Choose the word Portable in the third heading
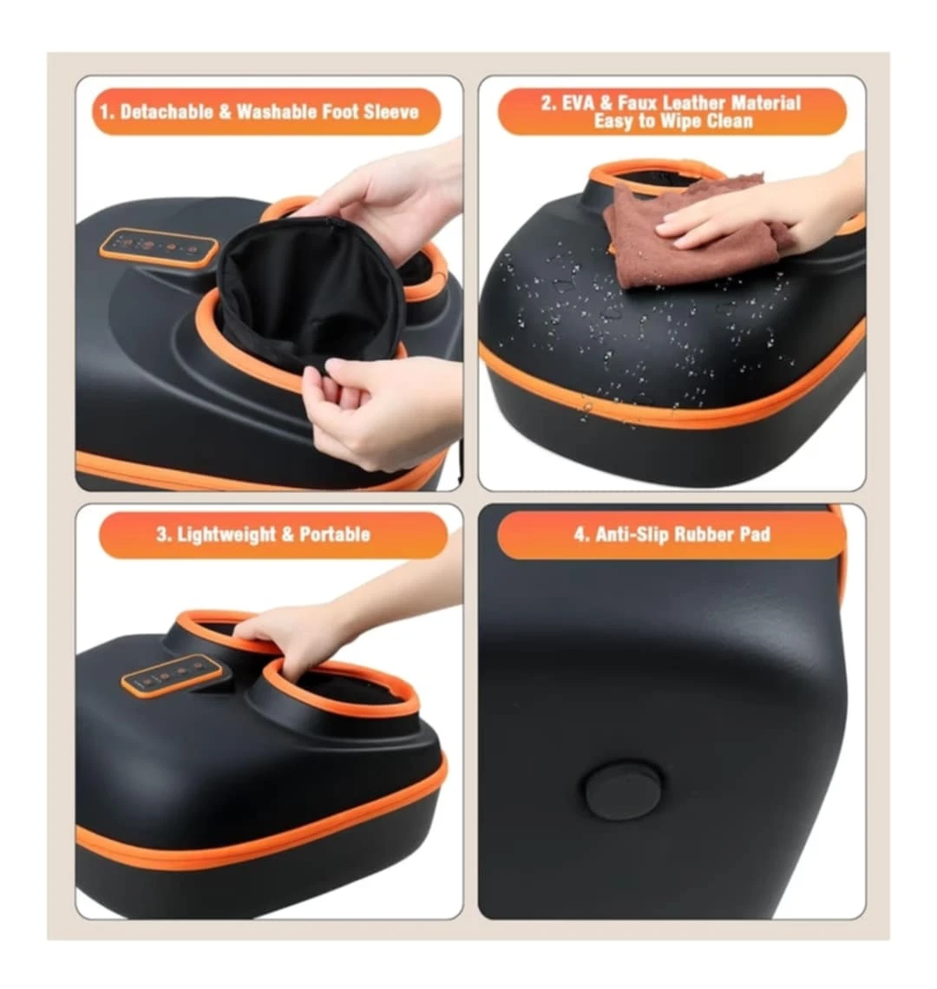point(334,535)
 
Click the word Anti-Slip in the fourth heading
point(631,535)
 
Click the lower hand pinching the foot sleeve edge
point(378,410)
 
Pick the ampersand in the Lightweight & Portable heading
point(288,535)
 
